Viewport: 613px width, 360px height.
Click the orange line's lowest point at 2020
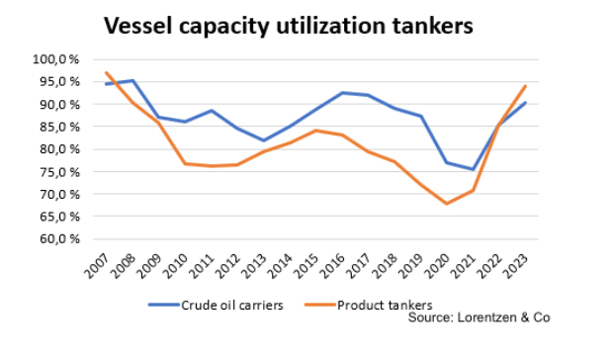pos(446,204)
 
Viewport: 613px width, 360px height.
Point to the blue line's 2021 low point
pos(473,169)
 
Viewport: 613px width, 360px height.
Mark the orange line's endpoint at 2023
pos(525,86)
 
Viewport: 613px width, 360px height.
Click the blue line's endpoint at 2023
pos(525,103)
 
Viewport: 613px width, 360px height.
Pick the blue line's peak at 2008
pos(132,81)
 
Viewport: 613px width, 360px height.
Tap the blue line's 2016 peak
pos(342,93)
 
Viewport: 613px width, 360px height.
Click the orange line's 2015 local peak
pos(315,131)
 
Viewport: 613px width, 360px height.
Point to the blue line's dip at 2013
pos(263,140)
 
